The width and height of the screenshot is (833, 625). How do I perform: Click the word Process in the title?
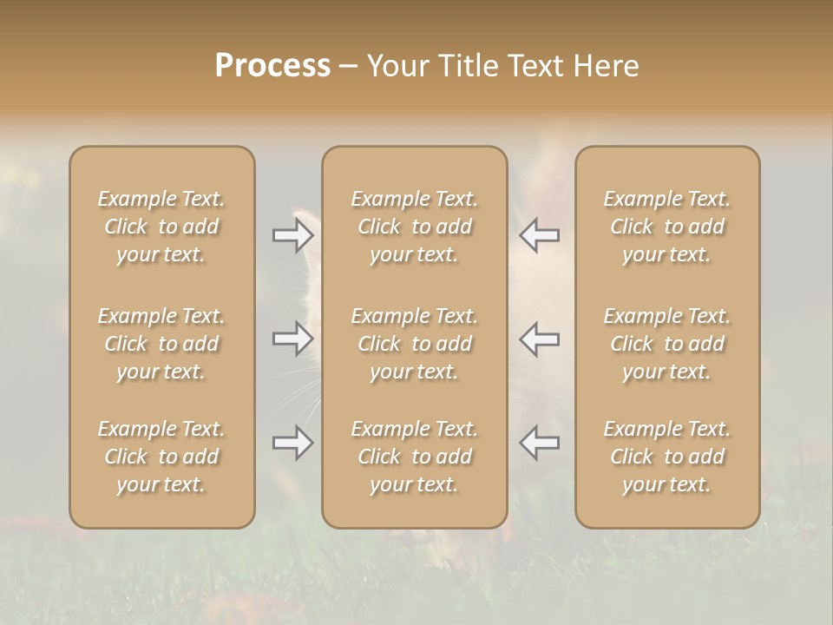(x=272, y=66)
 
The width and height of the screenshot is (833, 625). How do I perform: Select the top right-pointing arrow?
(x=293, y=234)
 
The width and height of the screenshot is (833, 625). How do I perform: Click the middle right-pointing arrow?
(x=293, y=339)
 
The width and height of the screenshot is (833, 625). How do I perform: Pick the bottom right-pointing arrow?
(x=293, y=443)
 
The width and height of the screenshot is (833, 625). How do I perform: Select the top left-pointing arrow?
(x=540, y=234)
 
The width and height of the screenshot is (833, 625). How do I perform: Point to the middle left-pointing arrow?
(x=540, y=339)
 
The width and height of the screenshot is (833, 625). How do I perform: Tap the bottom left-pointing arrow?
(x=540, y=443)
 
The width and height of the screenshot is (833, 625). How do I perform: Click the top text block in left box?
(x=161, y=227)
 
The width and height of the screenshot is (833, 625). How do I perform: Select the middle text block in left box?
(x=161, y=344)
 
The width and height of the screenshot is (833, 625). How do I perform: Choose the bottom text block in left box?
(x=161, y=457)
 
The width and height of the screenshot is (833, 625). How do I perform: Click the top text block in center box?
(x=414, y=227)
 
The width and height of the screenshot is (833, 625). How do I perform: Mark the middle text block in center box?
(x=414, y=344)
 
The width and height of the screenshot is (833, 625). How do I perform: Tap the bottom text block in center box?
(x=414, y=457)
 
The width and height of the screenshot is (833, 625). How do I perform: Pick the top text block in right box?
(x=667, y=227)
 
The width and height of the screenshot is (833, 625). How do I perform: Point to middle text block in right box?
(x=667, y=344)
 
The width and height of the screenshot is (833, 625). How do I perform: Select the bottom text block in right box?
(x=667, y=457)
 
